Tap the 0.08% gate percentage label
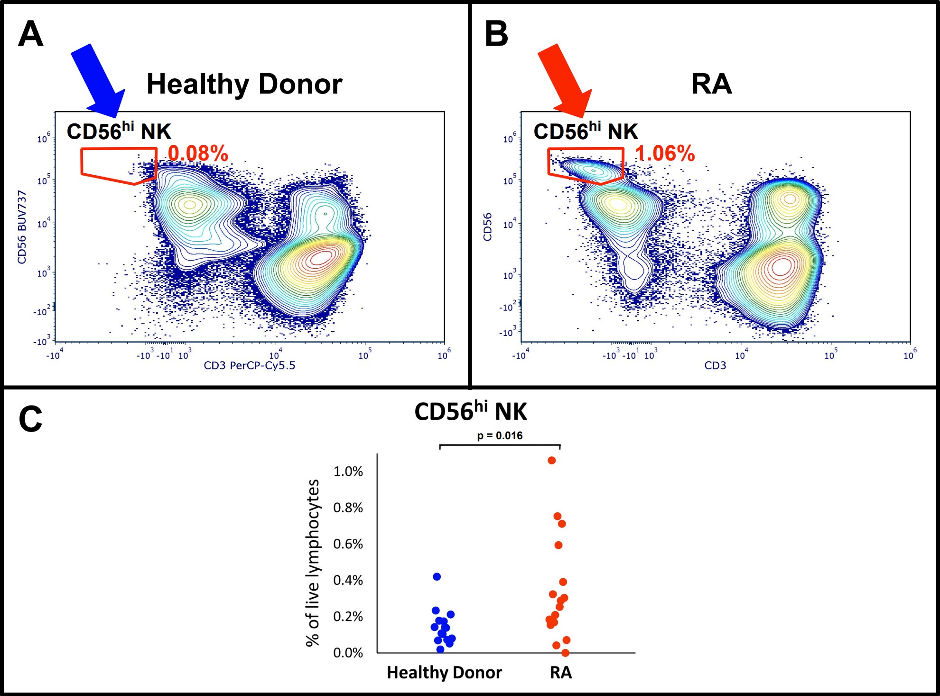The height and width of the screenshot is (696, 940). pos(198,153)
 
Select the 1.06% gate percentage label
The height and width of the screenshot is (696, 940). pos(665,153)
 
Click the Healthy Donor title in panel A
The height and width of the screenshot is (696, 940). pos(244,84)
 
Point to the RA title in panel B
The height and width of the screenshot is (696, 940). pos(711,84)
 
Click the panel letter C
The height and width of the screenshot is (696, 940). pos(30,419)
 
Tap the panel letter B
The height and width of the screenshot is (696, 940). pos(496,34)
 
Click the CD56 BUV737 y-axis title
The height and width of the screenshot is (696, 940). pos(22,227)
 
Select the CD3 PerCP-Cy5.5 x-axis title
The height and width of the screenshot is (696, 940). pos(250,366)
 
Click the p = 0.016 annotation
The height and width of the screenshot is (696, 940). pos(500,435)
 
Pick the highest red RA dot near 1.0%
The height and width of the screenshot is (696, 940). pos(551,461)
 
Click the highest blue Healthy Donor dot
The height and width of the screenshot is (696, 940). pos(437,577)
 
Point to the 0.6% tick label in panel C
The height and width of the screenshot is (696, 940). pos(348,544)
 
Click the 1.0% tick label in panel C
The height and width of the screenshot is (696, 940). pos(348,471)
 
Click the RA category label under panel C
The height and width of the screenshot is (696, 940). pos(561,673)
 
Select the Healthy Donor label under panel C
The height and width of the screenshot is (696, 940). pos(444,673)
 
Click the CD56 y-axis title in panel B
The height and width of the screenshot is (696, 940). pos(487,227)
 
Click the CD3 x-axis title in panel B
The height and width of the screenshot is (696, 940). pos(715,366)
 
